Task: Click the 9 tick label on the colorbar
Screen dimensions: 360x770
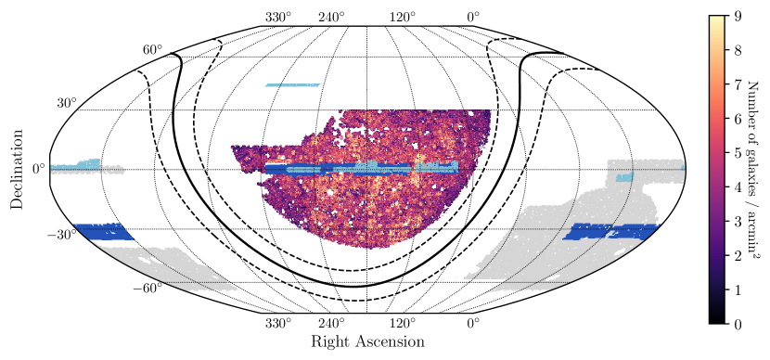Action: [737, 16]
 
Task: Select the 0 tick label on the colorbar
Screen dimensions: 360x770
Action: [737, 325]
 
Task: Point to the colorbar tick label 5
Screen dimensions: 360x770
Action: [737, 153]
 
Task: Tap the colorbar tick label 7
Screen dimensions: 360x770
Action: [737, 84]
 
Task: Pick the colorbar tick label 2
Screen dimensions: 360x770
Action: [737, 256]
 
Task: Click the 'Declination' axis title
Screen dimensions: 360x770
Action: [17, 170]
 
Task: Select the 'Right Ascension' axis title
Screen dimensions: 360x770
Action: [367, 341]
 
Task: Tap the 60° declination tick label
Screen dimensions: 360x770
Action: [153, 49]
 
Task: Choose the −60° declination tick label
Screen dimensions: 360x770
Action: [148, 289]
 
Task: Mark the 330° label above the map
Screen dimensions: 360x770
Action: [278, 17]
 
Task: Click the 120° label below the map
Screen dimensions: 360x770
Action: [403, 323]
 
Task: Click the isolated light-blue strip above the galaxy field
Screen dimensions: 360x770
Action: [291, 85]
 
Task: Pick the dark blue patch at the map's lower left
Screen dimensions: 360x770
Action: [100, 232]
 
